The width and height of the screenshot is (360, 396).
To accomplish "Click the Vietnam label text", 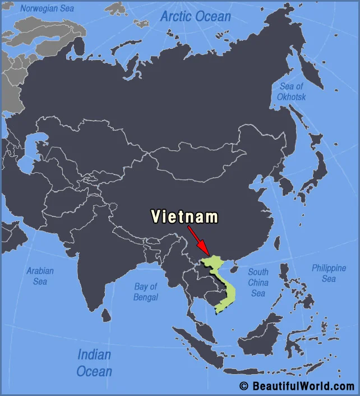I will [x=184, y=217].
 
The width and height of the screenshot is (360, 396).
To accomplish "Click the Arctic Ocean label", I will [x=195, y=16].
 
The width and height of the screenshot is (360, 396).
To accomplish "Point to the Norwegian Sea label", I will [x=47, y=8].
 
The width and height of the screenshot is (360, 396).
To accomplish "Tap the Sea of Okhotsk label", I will [x=292, y=91].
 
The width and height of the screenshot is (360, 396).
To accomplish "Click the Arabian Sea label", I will [x=40, y=276].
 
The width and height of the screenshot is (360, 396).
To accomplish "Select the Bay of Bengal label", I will [x=146, y=292].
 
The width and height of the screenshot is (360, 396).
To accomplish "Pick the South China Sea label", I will [x=258, y=282].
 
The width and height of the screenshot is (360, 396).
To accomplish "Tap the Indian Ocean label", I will [x=94, y=362].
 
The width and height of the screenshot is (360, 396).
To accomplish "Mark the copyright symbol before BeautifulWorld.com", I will [x=244, y=386].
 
